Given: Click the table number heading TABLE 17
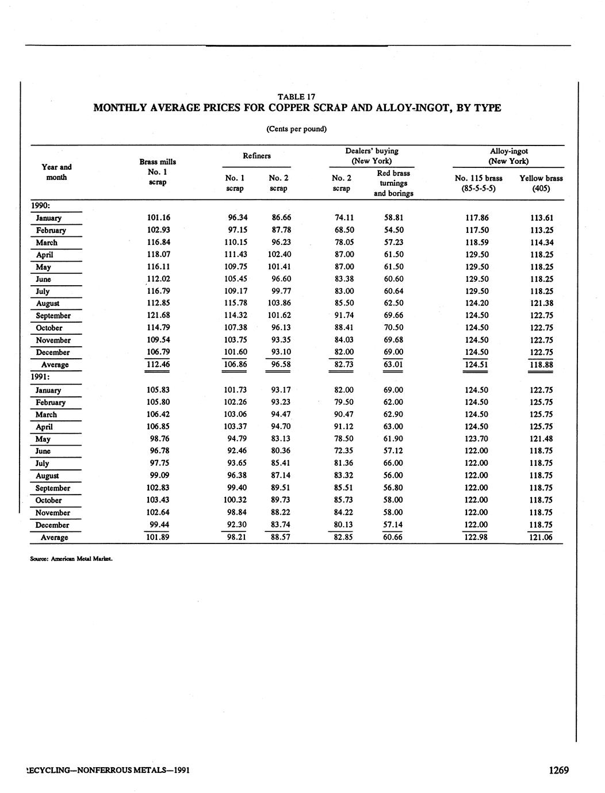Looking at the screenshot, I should [x=296, y=97].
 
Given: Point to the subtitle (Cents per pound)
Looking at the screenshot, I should [x=296, y=129].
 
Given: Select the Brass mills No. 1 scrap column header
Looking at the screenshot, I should [x=158, y=172].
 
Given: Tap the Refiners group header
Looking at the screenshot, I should [x=256, y=155].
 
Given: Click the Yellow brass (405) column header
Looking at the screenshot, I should [x=541, y=183].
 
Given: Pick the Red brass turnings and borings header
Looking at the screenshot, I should [x=393, y=183].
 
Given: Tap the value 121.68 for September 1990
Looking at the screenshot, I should [x=159, y=315].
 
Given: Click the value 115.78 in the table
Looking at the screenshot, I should [x=235, y=303].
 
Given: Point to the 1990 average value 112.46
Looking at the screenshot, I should [x=159, y=364].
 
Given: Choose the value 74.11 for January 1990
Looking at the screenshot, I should [x=344, y=218].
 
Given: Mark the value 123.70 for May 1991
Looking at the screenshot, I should [x=476, y=439].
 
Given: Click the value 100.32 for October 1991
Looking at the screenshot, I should [x=235, y=500].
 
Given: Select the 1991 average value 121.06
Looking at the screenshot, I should [x=541, y=537].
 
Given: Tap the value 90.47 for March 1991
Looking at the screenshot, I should [x=344, y=414].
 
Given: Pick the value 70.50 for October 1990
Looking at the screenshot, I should [x=393, y=328].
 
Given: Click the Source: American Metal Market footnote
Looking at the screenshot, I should [x=71, y=557].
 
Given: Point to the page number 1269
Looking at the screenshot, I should [x=558, y=770].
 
